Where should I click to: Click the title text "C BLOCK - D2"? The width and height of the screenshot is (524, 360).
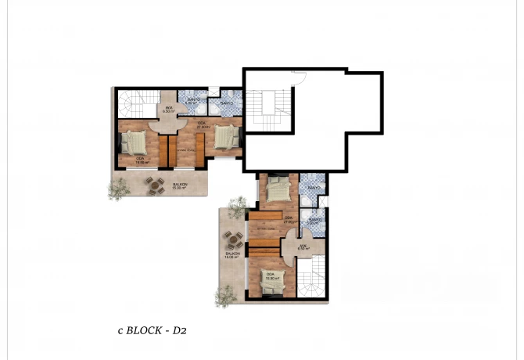pyautogui.click(x=148, y=331)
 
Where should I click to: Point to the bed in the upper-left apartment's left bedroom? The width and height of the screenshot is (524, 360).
pyautogui.click(x=134, y=143)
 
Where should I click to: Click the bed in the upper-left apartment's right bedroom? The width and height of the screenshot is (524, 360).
pyautogui.click(x=226, y=138)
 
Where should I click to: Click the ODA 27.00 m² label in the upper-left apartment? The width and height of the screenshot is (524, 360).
pyautogui.click(x=201, y=125)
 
